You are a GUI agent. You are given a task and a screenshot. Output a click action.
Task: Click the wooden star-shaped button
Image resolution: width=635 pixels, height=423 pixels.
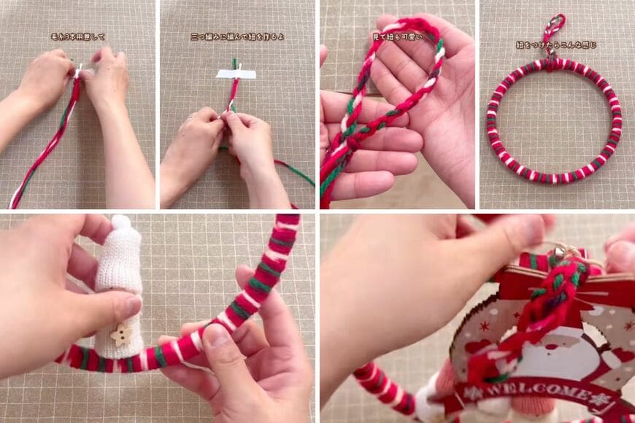tap(120, 334)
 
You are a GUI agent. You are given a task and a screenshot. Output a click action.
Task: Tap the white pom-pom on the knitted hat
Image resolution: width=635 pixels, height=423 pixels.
tap(120, 222)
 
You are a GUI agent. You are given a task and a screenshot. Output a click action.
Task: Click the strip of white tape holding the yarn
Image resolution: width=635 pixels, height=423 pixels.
tap(236, 74)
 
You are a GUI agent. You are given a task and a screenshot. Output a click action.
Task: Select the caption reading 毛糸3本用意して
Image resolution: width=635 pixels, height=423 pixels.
tap(78, 36)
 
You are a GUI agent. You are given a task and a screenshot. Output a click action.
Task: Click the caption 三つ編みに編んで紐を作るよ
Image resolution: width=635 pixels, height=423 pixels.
tap(237, 36)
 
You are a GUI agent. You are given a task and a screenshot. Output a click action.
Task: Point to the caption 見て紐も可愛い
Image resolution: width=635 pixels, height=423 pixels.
tap(397, 36)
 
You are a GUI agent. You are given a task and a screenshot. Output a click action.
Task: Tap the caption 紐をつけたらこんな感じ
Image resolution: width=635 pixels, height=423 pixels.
tap(556, 44)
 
